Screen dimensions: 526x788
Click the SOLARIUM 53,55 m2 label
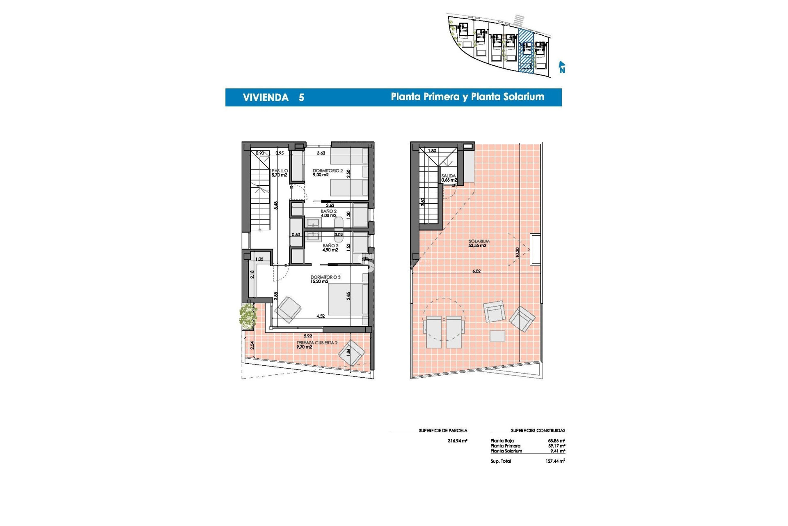coord(478,243)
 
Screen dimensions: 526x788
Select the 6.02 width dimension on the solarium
coord(476,271)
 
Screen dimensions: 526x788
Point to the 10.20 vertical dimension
coord(518,252)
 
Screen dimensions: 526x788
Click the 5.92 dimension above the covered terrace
coord(308,336)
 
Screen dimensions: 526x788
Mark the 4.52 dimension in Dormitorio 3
coord(321,316)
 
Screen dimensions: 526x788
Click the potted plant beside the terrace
coord(247,316)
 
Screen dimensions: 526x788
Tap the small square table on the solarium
coord(497,336)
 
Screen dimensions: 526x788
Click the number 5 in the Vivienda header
coord(301,97)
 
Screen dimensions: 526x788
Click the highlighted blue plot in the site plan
coord(526,51)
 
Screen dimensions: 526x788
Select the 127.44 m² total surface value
coord(555,461)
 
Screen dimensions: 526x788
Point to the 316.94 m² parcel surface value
coord(457,441)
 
